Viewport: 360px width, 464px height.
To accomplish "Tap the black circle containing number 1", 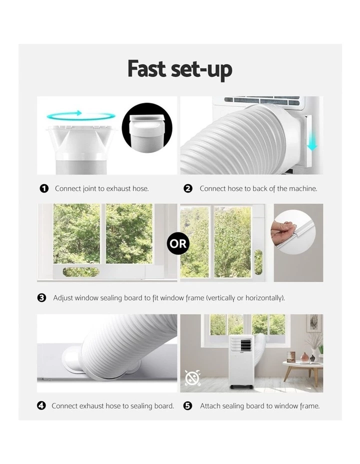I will [44, 188].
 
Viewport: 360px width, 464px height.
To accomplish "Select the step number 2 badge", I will [188, 188].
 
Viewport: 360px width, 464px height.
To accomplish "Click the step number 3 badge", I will [42, 297].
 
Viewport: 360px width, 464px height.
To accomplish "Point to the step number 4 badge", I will [41, 405].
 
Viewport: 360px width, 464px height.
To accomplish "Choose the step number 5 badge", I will [188, 405].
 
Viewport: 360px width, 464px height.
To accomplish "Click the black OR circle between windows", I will [178, 244].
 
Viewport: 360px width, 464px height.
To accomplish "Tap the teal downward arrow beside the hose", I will [312, 139].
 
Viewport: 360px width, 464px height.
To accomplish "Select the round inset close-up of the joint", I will [147, 126].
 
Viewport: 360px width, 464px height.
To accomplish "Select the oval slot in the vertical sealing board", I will [258, 261].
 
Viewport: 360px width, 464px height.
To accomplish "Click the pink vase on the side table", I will [304, 357].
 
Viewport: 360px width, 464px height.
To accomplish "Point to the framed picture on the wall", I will [314, 323].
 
